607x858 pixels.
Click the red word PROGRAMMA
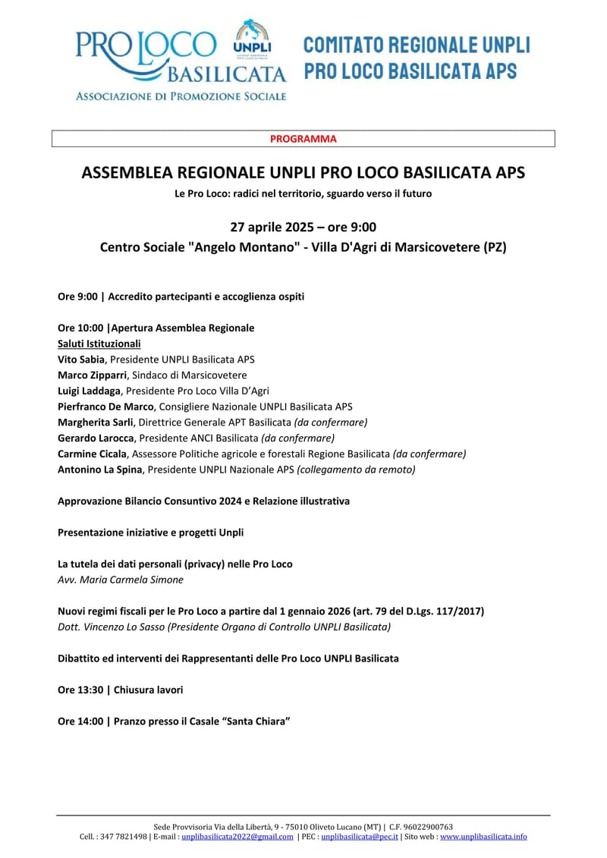point(303,139)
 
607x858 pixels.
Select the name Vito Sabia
point(81,360)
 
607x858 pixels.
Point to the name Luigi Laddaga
point(90,391)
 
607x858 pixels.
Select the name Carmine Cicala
point(92,454)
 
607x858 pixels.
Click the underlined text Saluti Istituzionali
point(99,344)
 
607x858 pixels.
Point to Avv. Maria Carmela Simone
point(120,580)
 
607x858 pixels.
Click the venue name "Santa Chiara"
point(254,721)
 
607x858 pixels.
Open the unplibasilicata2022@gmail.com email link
point(237,837)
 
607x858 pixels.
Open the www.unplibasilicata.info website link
point(483,837)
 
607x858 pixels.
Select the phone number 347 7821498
point(124,837)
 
